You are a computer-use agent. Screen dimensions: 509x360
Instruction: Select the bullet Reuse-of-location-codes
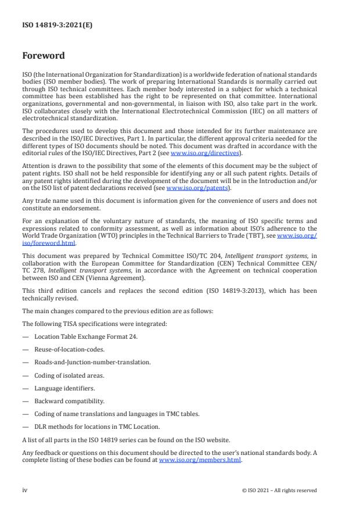[x=68, y=349]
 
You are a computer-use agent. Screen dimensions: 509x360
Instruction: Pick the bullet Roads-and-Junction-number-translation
[x=85, y=362]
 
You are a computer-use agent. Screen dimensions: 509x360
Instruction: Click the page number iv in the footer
[x=25, y=490]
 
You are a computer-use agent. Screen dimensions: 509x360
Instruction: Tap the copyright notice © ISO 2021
[x=279, y=490]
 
